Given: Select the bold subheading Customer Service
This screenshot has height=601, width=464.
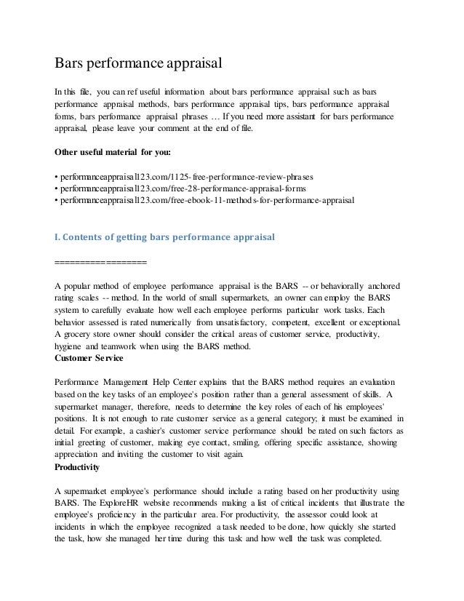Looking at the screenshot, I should click(x=89, y=358).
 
